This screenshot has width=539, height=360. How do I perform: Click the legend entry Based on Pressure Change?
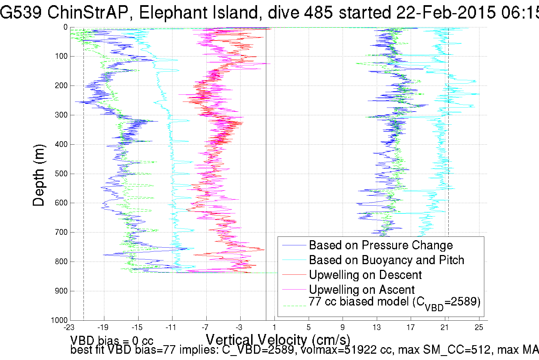coord(381,245)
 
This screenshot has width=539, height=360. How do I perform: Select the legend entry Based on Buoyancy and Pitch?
coord(387,260)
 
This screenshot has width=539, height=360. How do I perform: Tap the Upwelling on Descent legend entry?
coord(365,275)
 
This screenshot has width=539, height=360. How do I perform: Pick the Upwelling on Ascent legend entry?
coord(362,290)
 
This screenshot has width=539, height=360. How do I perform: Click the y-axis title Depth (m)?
coord(39,175)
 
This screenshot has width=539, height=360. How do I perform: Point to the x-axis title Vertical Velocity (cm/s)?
coord(278,340)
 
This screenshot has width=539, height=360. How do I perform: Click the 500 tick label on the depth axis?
coord(61,174)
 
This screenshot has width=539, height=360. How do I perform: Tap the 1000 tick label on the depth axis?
coord(59,320)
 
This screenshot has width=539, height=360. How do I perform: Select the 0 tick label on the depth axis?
coord(66,27)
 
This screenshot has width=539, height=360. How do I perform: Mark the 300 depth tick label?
coord(61,115)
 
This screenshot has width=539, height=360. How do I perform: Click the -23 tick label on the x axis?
coord(69,327)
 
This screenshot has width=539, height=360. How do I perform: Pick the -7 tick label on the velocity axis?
coord(205,327)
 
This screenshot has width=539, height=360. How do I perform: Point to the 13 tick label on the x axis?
coord(377,327)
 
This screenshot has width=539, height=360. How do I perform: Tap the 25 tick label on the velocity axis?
coord(479,327)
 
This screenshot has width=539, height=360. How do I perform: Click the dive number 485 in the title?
coord(318,13)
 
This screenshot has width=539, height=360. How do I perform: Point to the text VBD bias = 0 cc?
coord(112,341)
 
